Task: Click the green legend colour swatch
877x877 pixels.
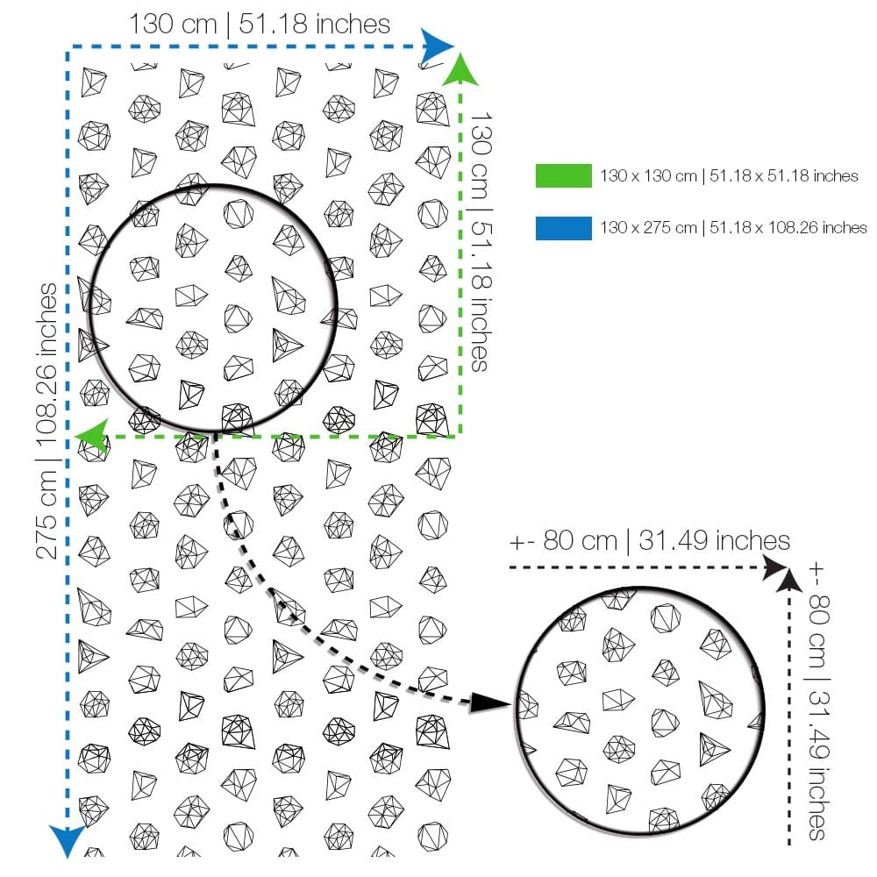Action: (563, 175)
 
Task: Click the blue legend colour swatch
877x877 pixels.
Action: (563, 228)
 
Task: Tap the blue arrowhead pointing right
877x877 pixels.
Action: (437, 46)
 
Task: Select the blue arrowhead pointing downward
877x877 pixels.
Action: (68, 841)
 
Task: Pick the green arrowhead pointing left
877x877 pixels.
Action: (91, 436)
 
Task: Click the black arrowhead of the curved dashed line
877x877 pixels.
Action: (488, 703)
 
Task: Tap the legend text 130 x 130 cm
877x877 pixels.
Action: (648, 176)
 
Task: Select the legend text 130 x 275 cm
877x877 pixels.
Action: (648, 228)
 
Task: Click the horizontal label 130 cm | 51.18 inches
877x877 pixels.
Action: (260, 25)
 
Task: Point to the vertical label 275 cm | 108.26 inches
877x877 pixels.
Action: (47, 421)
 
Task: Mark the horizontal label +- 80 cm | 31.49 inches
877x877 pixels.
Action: (649, 541)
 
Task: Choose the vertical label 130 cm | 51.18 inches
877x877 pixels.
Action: (480, 242)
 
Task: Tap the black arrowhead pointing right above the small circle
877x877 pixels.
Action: (776, 567)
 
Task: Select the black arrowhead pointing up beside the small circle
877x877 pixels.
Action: (788, 580)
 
